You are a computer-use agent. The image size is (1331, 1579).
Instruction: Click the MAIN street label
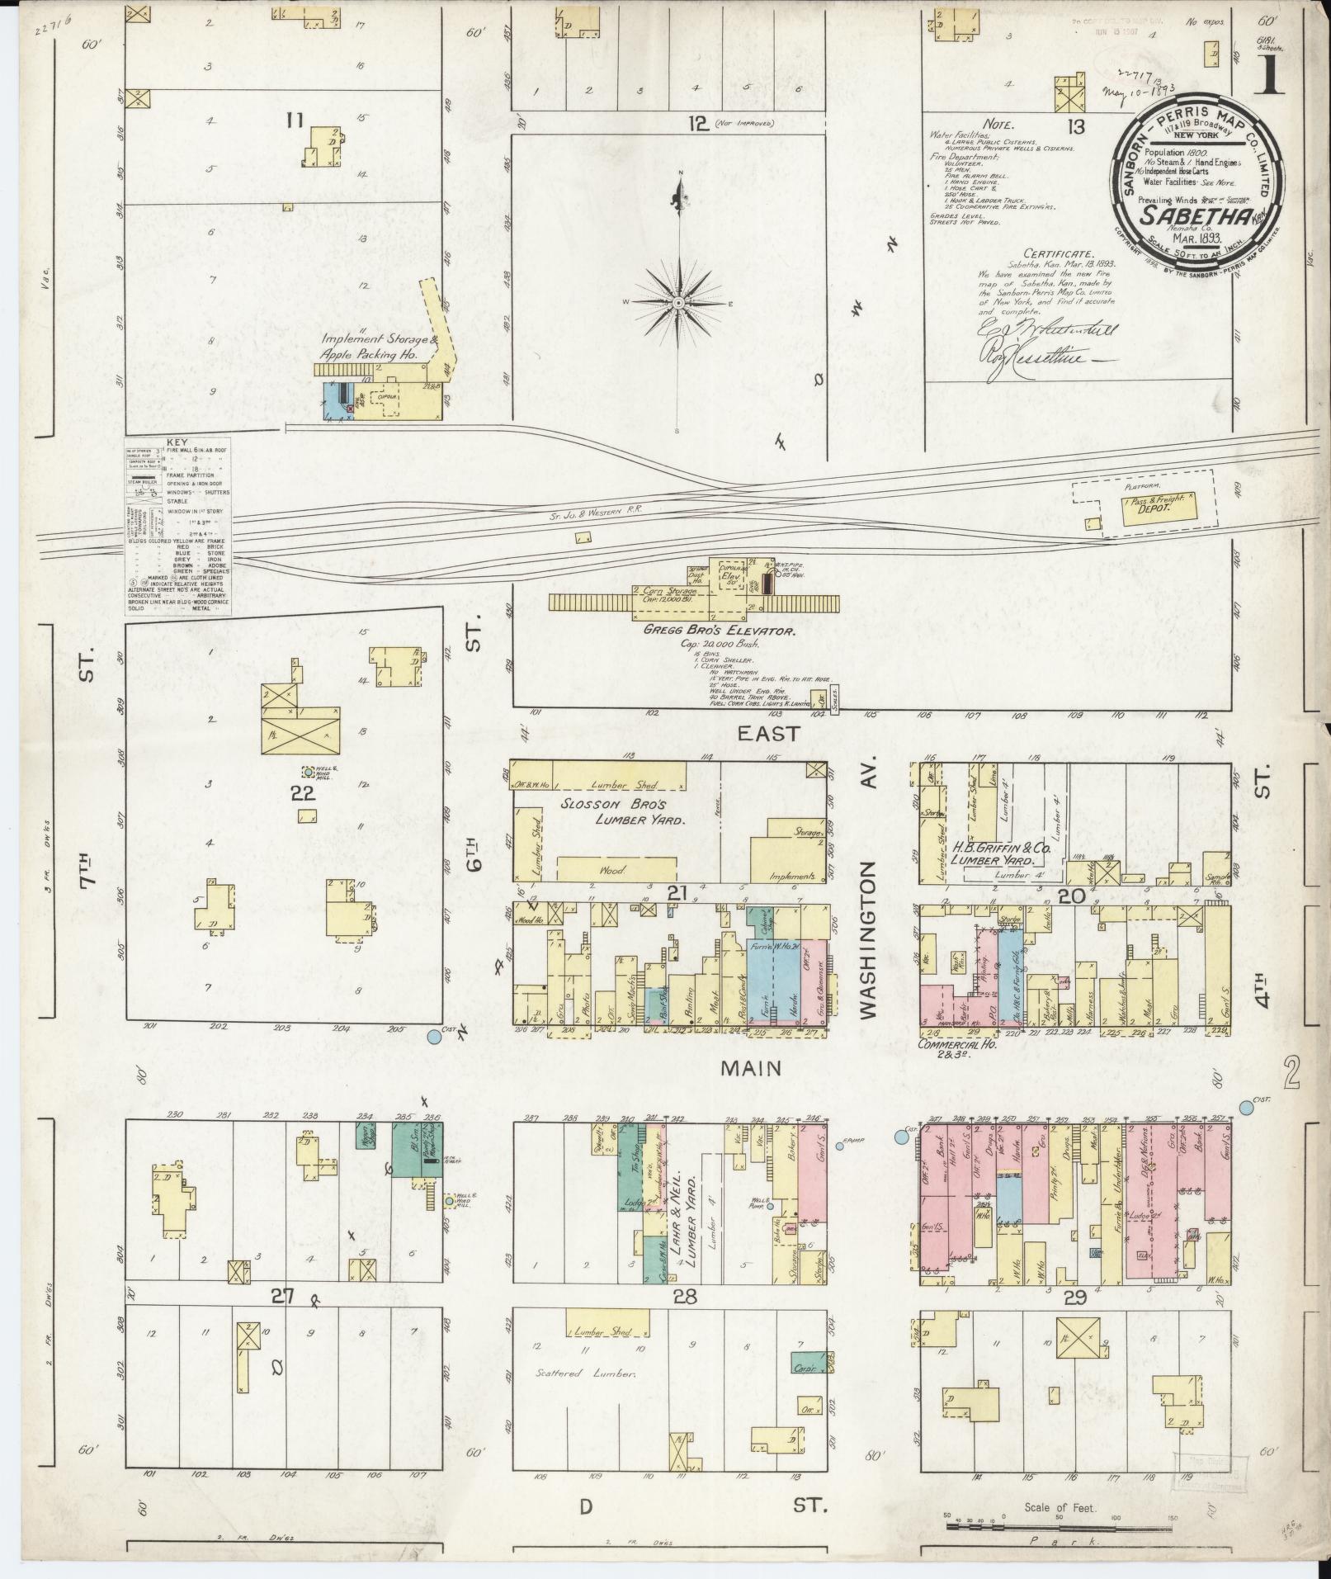coord(750,1068)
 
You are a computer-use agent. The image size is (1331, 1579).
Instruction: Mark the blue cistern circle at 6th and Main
coord(435,1037)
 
